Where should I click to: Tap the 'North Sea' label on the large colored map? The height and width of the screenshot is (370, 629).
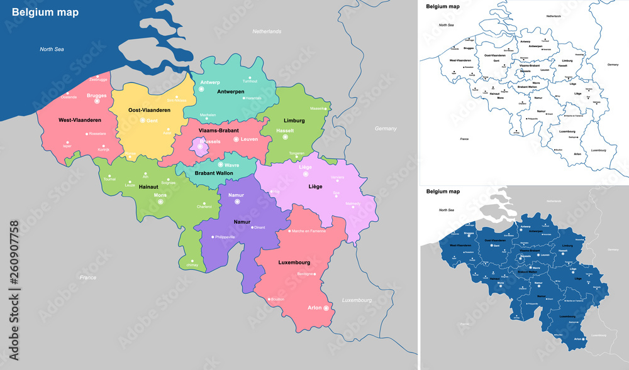coord(53,49)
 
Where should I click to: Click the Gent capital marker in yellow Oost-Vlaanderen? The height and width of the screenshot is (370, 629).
coord(142,120)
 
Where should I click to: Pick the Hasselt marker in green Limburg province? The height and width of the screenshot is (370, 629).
coord(284,136)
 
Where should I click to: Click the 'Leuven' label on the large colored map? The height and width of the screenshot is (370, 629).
coord(250,139)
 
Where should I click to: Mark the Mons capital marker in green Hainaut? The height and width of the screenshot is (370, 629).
coord(160,202)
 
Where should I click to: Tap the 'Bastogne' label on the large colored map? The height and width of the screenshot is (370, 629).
coord(305,275)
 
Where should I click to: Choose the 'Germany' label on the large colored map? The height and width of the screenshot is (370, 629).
coord(386,128)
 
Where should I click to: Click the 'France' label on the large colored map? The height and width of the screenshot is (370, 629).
coord(87,277)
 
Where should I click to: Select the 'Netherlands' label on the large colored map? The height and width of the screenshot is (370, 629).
coord(267,31)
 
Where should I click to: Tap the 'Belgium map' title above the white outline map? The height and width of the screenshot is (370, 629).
coord(443,6)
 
